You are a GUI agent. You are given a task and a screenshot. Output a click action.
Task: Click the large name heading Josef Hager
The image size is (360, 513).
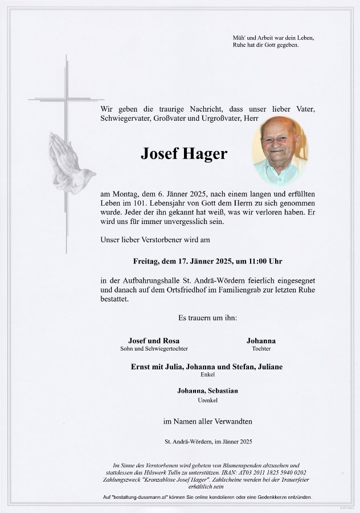183,153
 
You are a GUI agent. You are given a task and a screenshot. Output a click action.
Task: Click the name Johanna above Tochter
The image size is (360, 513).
261,341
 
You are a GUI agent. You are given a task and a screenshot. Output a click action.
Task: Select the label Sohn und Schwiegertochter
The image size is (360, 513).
154,348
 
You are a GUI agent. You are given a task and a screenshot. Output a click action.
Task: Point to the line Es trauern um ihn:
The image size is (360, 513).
207,317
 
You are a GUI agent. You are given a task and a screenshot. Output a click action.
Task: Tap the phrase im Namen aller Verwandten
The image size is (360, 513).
207,421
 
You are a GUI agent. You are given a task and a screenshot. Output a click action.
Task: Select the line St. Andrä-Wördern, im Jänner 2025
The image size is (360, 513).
207,442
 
